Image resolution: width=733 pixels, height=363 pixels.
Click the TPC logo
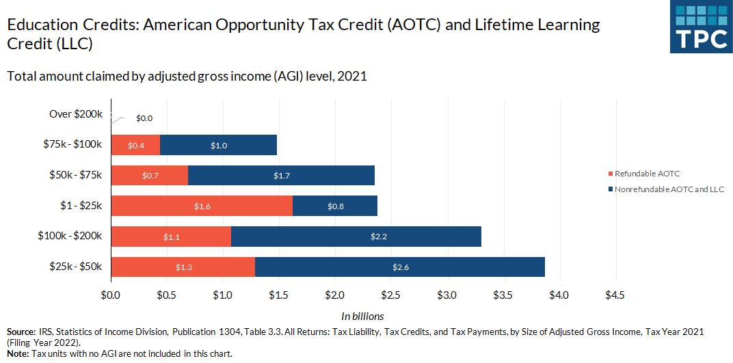click(x=701, y=27)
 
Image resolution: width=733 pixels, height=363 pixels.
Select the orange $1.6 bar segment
click(x=202, y=206)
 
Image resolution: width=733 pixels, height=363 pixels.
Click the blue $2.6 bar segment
click(x=400, y=267)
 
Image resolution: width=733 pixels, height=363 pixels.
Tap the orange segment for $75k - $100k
click(x=135, y=145)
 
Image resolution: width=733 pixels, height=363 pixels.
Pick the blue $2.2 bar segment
click(x=356, y=237)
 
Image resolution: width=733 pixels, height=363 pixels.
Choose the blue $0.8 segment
click(x=335, y=206)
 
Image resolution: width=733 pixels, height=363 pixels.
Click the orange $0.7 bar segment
click(x=149, y=176)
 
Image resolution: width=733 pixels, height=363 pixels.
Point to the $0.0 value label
click(x=144, y=118)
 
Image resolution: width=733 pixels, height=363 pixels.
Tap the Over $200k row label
click(x=76, y=114)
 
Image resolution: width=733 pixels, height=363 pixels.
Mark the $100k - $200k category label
click(x=70, y=237)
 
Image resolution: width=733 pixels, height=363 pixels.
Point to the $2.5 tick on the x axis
click(x=391, y=295)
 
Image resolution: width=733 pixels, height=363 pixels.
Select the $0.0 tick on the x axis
click(x=111, y=295)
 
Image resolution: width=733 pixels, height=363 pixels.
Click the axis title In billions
click(x=362, y=317)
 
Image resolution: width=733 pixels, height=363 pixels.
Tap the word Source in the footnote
click(x=21, y=332)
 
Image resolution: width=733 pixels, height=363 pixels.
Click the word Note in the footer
click(x=18, y=354)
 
